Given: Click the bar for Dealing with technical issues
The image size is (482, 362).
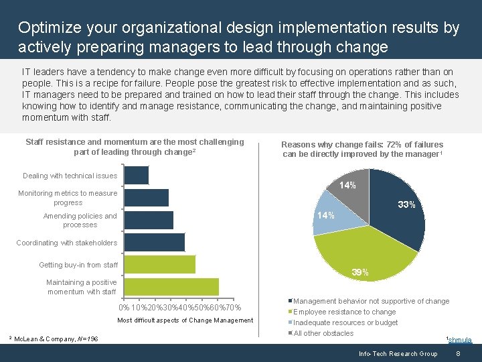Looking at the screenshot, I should click(x=137, y=175).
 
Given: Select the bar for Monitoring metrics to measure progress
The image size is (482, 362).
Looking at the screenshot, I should click(x=147, y=198).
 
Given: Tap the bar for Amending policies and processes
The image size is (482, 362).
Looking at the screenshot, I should click(x=149, y=220).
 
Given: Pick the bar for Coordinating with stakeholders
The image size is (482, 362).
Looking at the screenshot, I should click(x=155, y=242).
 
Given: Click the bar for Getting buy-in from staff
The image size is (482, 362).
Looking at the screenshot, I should click(x=160, y=264).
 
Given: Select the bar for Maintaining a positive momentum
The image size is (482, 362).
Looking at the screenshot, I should click(x=171, y=287).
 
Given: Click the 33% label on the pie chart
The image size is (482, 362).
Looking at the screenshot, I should click(x=406, y=204).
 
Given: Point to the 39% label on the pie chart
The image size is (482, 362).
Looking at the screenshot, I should click(x=360, y=272).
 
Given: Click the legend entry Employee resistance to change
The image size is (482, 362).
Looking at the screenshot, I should click(x=345, y=312).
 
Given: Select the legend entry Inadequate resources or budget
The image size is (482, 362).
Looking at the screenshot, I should click(x=345, y=322).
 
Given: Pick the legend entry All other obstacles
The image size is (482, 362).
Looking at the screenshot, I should click(x=323, y=333).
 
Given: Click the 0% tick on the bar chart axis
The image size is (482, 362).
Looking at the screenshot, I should click(x=124, y=308).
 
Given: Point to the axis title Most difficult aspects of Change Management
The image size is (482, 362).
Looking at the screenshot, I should click(x=185, y=320).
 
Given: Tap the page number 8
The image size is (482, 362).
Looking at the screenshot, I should click(x=458, y=353).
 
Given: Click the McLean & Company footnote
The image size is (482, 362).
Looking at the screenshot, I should click(x=56, y=339).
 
